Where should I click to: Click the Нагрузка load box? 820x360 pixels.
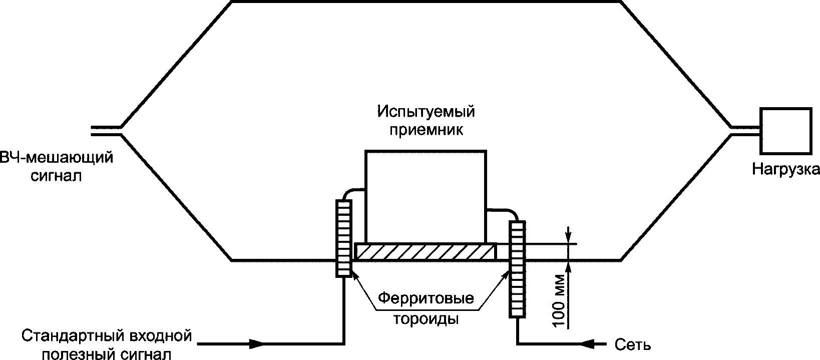(x=785, y=131)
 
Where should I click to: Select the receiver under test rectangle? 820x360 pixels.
(x=426, y=195)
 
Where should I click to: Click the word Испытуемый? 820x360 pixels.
(x=426, y=111)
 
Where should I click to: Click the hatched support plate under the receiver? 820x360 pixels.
(x=426, y=251)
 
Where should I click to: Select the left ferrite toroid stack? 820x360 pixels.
(x=344, y=238)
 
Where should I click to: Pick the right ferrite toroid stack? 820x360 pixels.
(x=517, y=269)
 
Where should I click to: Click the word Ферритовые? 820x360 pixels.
(x=426, y=299)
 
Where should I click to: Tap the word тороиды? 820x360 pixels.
(x=427, y=319)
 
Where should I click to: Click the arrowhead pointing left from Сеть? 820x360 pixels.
(x=588, y=344)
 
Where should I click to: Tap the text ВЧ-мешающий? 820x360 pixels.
(x=56, y=158)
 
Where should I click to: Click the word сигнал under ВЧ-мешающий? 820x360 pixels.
(x=56, y=176)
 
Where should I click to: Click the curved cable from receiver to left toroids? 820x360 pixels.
(x=353, y=191)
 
